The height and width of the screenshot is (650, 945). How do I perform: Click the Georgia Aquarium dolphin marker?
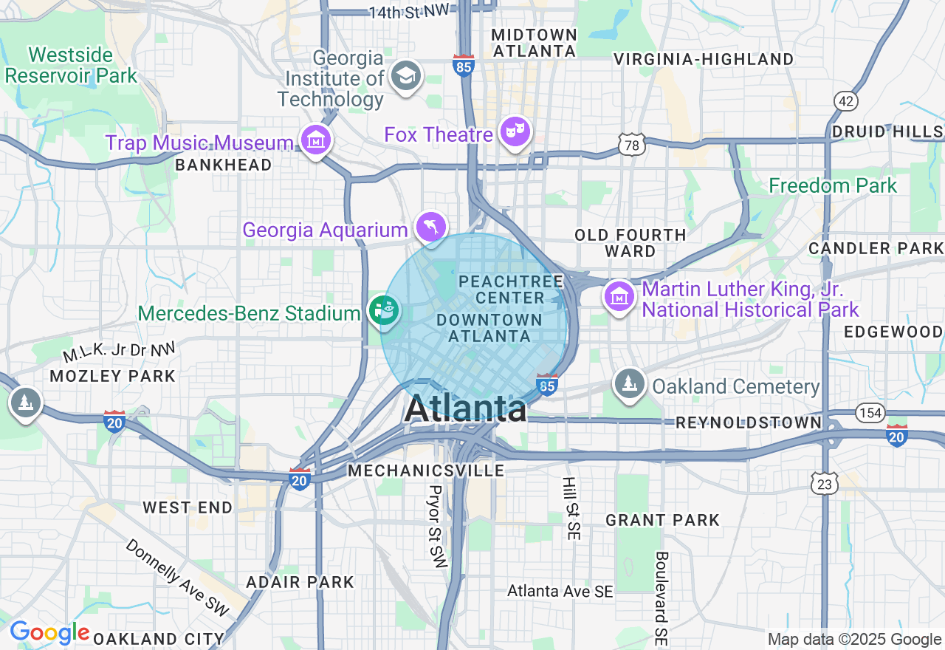pos(431,227)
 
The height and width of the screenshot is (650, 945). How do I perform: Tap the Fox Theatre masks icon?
pos(515,132)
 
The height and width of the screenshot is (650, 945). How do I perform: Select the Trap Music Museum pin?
pos(316,140)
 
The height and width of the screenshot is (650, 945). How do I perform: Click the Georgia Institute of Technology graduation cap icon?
pos(405,76)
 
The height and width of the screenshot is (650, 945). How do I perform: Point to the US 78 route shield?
pos(632,145)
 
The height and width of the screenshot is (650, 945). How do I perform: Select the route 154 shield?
pos(870,412)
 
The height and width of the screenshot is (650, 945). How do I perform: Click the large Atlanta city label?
pos(466,408)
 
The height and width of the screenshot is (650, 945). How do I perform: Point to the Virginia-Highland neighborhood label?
pos(704,59)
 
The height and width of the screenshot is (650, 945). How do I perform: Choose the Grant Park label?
pos(662,520)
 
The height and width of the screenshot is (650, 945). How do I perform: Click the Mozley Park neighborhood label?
pos(113,376)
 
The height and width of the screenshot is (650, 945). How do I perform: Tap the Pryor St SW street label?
pos(436,526)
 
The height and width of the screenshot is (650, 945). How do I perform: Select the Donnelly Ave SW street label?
pos(177,577)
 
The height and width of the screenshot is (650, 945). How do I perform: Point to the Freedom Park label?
pos(833,185)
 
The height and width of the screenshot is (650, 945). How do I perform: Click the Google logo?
pos(50,632)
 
